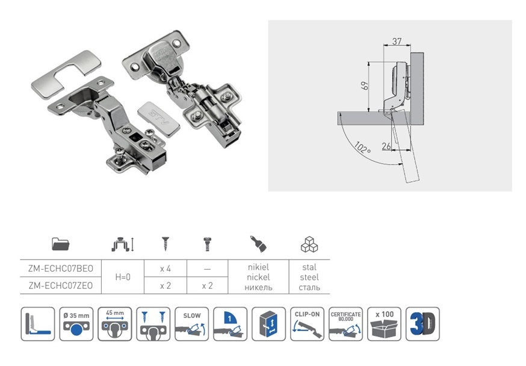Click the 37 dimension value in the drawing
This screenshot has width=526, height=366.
[x=397, y=41]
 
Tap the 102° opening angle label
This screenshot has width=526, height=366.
[x=362, y=147]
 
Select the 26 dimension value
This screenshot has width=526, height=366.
[x=386, y=144]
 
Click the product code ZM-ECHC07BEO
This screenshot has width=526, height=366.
[x=61, y=267]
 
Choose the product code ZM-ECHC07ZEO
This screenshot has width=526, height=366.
[x=61, y=286]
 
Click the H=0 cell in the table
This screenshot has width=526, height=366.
[x=122, y=277]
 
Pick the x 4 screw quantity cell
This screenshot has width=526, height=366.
[x=166, y=267]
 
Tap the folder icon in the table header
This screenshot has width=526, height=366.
[x=61, y=244]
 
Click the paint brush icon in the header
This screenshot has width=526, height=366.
[x=258, y=244]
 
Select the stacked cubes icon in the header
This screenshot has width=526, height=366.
[x=309, y=244]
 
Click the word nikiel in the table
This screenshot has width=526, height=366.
[x=258, y=267]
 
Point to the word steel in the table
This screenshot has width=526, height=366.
[x=309, y=278]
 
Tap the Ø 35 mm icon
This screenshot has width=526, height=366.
[x=76, y=324]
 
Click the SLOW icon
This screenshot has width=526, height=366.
[x=192, y=324]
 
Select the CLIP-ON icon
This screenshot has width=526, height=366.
[x=308, y=324]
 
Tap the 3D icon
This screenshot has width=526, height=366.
[x=422, y=324]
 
